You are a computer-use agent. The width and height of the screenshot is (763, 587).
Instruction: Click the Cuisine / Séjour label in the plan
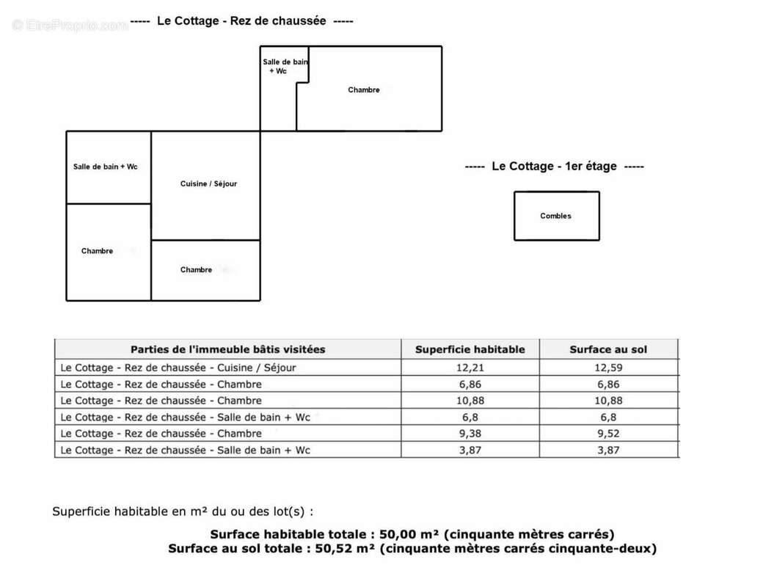click(x=208, y=184)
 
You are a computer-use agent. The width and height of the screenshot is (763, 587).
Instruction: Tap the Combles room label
click(x=555, y=216)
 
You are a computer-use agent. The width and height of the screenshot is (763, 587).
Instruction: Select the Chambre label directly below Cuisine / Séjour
click(x=196, y=270)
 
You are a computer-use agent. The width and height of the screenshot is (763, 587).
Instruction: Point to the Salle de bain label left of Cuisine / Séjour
click(x=105, y=167)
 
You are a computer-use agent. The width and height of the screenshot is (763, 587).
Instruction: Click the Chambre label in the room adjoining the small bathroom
click(x=364, y=90)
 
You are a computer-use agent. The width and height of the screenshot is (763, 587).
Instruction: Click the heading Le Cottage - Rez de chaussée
click(x=241, y=21)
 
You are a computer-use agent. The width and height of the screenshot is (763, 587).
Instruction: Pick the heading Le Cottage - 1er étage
click(x=554, y=167)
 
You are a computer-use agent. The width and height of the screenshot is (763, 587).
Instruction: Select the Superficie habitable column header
click(x=470, y=350)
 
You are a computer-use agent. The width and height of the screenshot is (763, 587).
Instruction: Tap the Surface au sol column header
click(x=608, y=350)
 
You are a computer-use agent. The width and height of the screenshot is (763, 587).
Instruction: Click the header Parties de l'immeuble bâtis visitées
click(x=227, y=350)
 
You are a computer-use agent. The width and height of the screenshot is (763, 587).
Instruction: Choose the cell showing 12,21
click(x=470, y=368)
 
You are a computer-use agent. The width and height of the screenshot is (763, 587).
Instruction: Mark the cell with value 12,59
click(x=608, y=368)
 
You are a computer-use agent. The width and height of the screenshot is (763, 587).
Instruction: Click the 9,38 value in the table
click(x=470, y=434)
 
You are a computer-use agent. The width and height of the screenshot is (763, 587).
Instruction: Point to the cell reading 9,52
click(x=608, y=434)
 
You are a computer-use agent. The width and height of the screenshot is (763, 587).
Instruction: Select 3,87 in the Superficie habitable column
click(x=470, y=450)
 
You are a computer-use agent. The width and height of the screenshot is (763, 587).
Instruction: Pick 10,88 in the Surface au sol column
click(x=608, y=401)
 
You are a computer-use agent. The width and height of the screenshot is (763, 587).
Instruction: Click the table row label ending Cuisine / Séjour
click(x=178, y=368)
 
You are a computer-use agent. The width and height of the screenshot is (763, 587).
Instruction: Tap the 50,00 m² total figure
click(x=409, y=534)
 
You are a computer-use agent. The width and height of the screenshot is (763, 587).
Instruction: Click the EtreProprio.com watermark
click(x=70, y=26)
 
